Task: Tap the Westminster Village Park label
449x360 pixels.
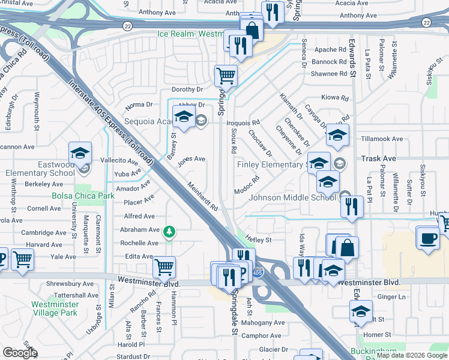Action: point(55,308)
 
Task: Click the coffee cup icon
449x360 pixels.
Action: point(427,238)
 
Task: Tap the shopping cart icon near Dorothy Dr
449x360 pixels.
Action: point(226,76)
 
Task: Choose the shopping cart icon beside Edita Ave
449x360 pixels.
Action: point(164,268)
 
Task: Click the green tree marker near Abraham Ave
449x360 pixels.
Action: point(170,231)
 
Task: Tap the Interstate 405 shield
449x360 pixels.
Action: point(256,273)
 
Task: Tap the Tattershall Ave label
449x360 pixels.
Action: point(76,295)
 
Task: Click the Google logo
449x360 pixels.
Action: point(20,352)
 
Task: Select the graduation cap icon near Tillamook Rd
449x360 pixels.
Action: point(337,136)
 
